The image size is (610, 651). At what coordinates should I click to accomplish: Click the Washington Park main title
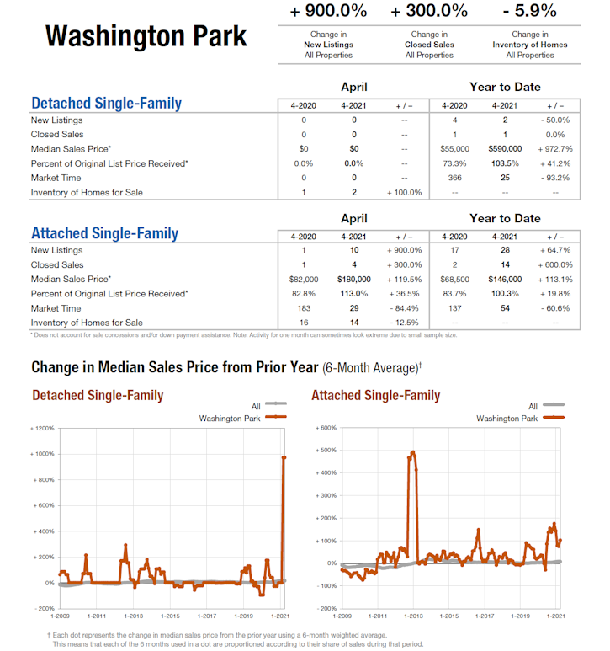[146, 36]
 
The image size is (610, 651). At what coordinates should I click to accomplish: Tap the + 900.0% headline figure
[328, 11]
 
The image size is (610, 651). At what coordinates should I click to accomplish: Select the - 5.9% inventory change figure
[530, 11]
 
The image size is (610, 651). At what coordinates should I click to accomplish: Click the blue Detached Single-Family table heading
[106, 104]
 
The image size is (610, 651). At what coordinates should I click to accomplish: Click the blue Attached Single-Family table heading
[104, 233]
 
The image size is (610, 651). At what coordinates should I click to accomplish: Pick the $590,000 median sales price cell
[505, 149]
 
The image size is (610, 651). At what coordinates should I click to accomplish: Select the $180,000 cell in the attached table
[353, 279]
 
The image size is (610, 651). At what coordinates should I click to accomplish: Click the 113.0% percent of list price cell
[353, 293]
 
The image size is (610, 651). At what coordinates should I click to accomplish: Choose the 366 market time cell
[454, 178]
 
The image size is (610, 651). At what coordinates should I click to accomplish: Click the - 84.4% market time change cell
[404, 307]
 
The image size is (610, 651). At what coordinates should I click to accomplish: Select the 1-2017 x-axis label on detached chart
[207, 617]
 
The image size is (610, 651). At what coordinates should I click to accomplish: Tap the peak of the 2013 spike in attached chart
[412, 452]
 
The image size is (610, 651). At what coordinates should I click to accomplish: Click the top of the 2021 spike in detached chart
[284, 457]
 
